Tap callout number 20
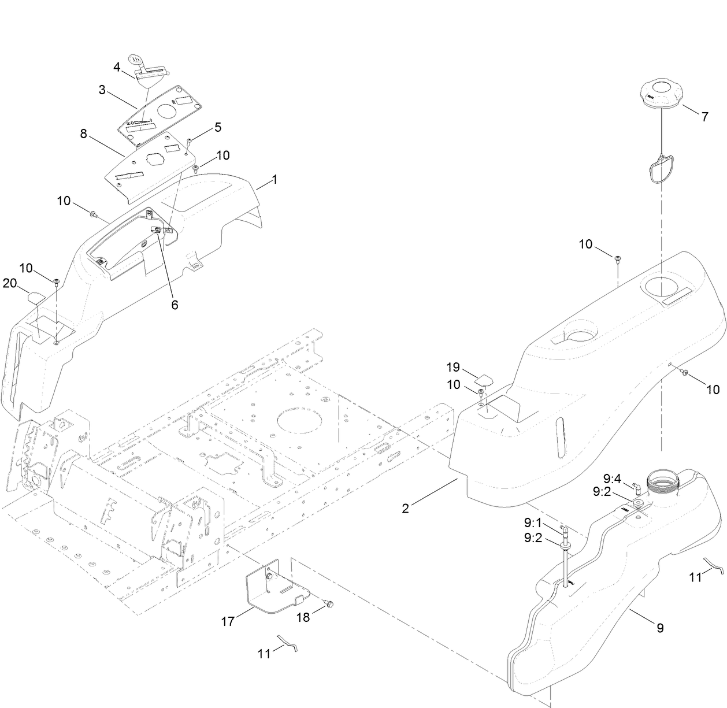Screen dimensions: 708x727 (x=10, y=283)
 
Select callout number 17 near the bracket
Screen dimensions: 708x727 (x=228, y=621)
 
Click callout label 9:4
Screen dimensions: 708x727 (x=612, y=479)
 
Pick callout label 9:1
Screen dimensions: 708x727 (x=532, y=523)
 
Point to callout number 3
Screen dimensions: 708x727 (x=102, y=90)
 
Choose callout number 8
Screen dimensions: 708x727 (x=84, y=134)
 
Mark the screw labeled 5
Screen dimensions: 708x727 (x=190, y=141)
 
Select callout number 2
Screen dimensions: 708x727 (x=406, y=508)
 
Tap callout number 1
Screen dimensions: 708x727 (x=275, y=180)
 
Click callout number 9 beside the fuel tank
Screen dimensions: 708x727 (x=660, y=627)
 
